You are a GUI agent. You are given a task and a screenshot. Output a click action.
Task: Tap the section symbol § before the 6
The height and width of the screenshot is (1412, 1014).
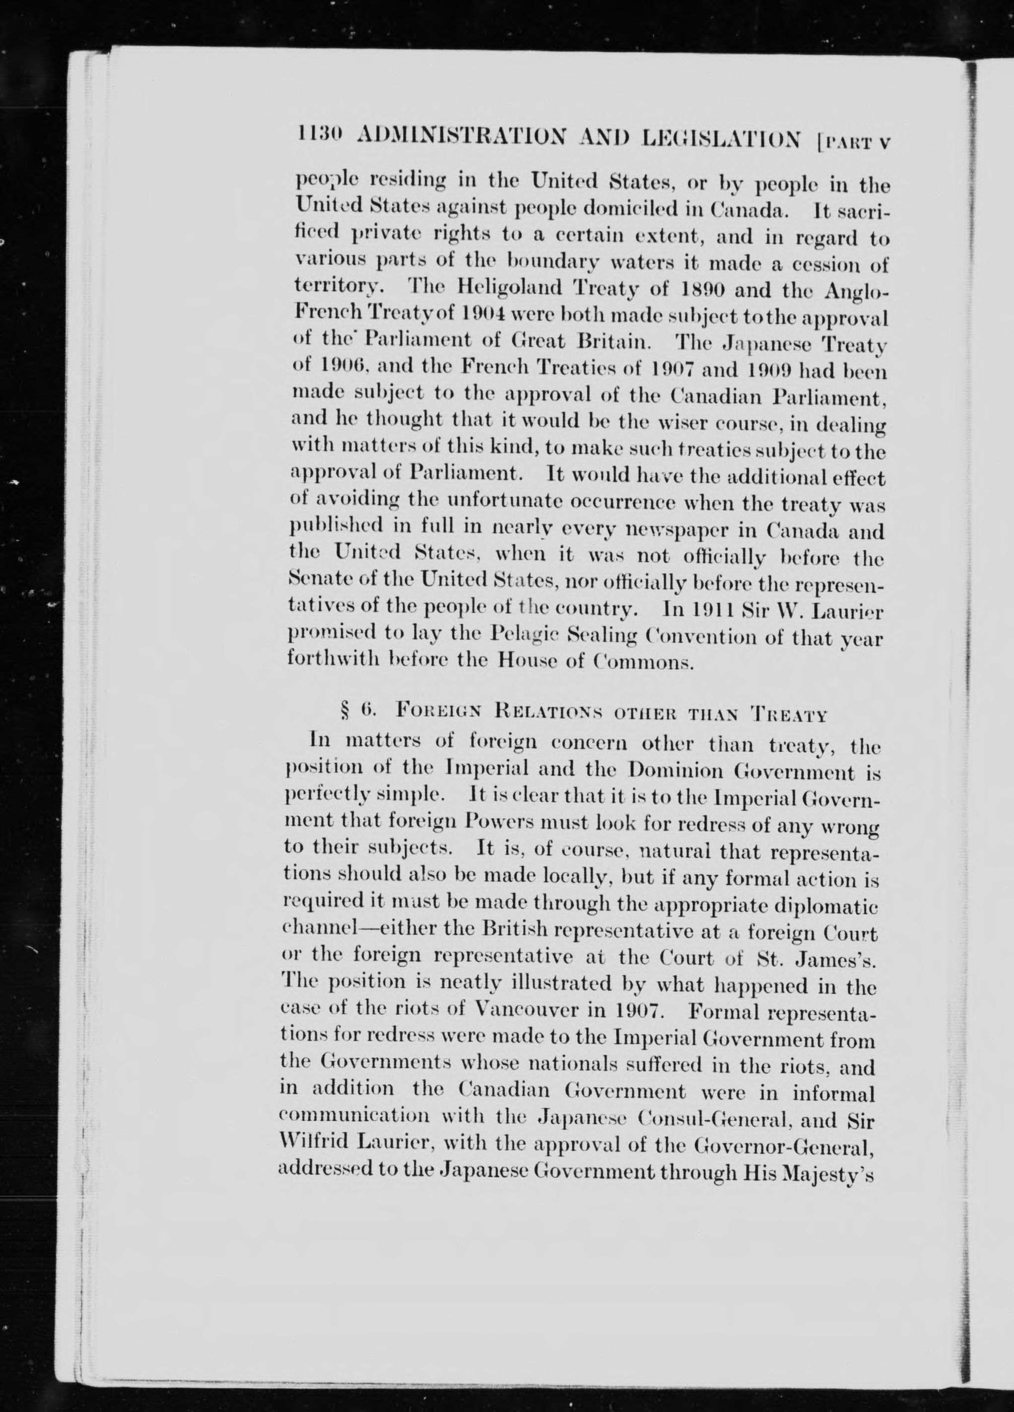coord(344,713)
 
